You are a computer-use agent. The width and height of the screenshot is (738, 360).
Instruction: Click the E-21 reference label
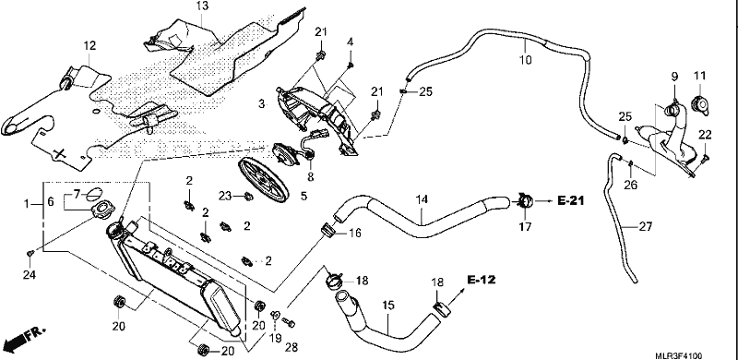pyautogui.click(x=570, y=200)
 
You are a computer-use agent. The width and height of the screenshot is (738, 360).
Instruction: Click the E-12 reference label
pyautogui.click(x=482, y=280)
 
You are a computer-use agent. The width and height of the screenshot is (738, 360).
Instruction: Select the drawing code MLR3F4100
pyautogui.click(x=681, y=356)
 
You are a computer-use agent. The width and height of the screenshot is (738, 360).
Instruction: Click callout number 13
pyautogui.click(x=202, y=6)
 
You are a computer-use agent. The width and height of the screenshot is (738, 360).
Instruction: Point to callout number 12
pyautogui.click(x=89, y=46)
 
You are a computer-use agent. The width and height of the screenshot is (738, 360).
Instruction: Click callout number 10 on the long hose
pyautogui.click(x=525, y=60)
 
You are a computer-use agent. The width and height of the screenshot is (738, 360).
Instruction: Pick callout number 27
pyautogui.click(x=646, y=227)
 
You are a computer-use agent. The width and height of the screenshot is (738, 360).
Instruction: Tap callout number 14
pyautogui.click(x=422, y=199)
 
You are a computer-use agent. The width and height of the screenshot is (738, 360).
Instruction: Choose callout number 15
pyautogui.click(x=387, y=306)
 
